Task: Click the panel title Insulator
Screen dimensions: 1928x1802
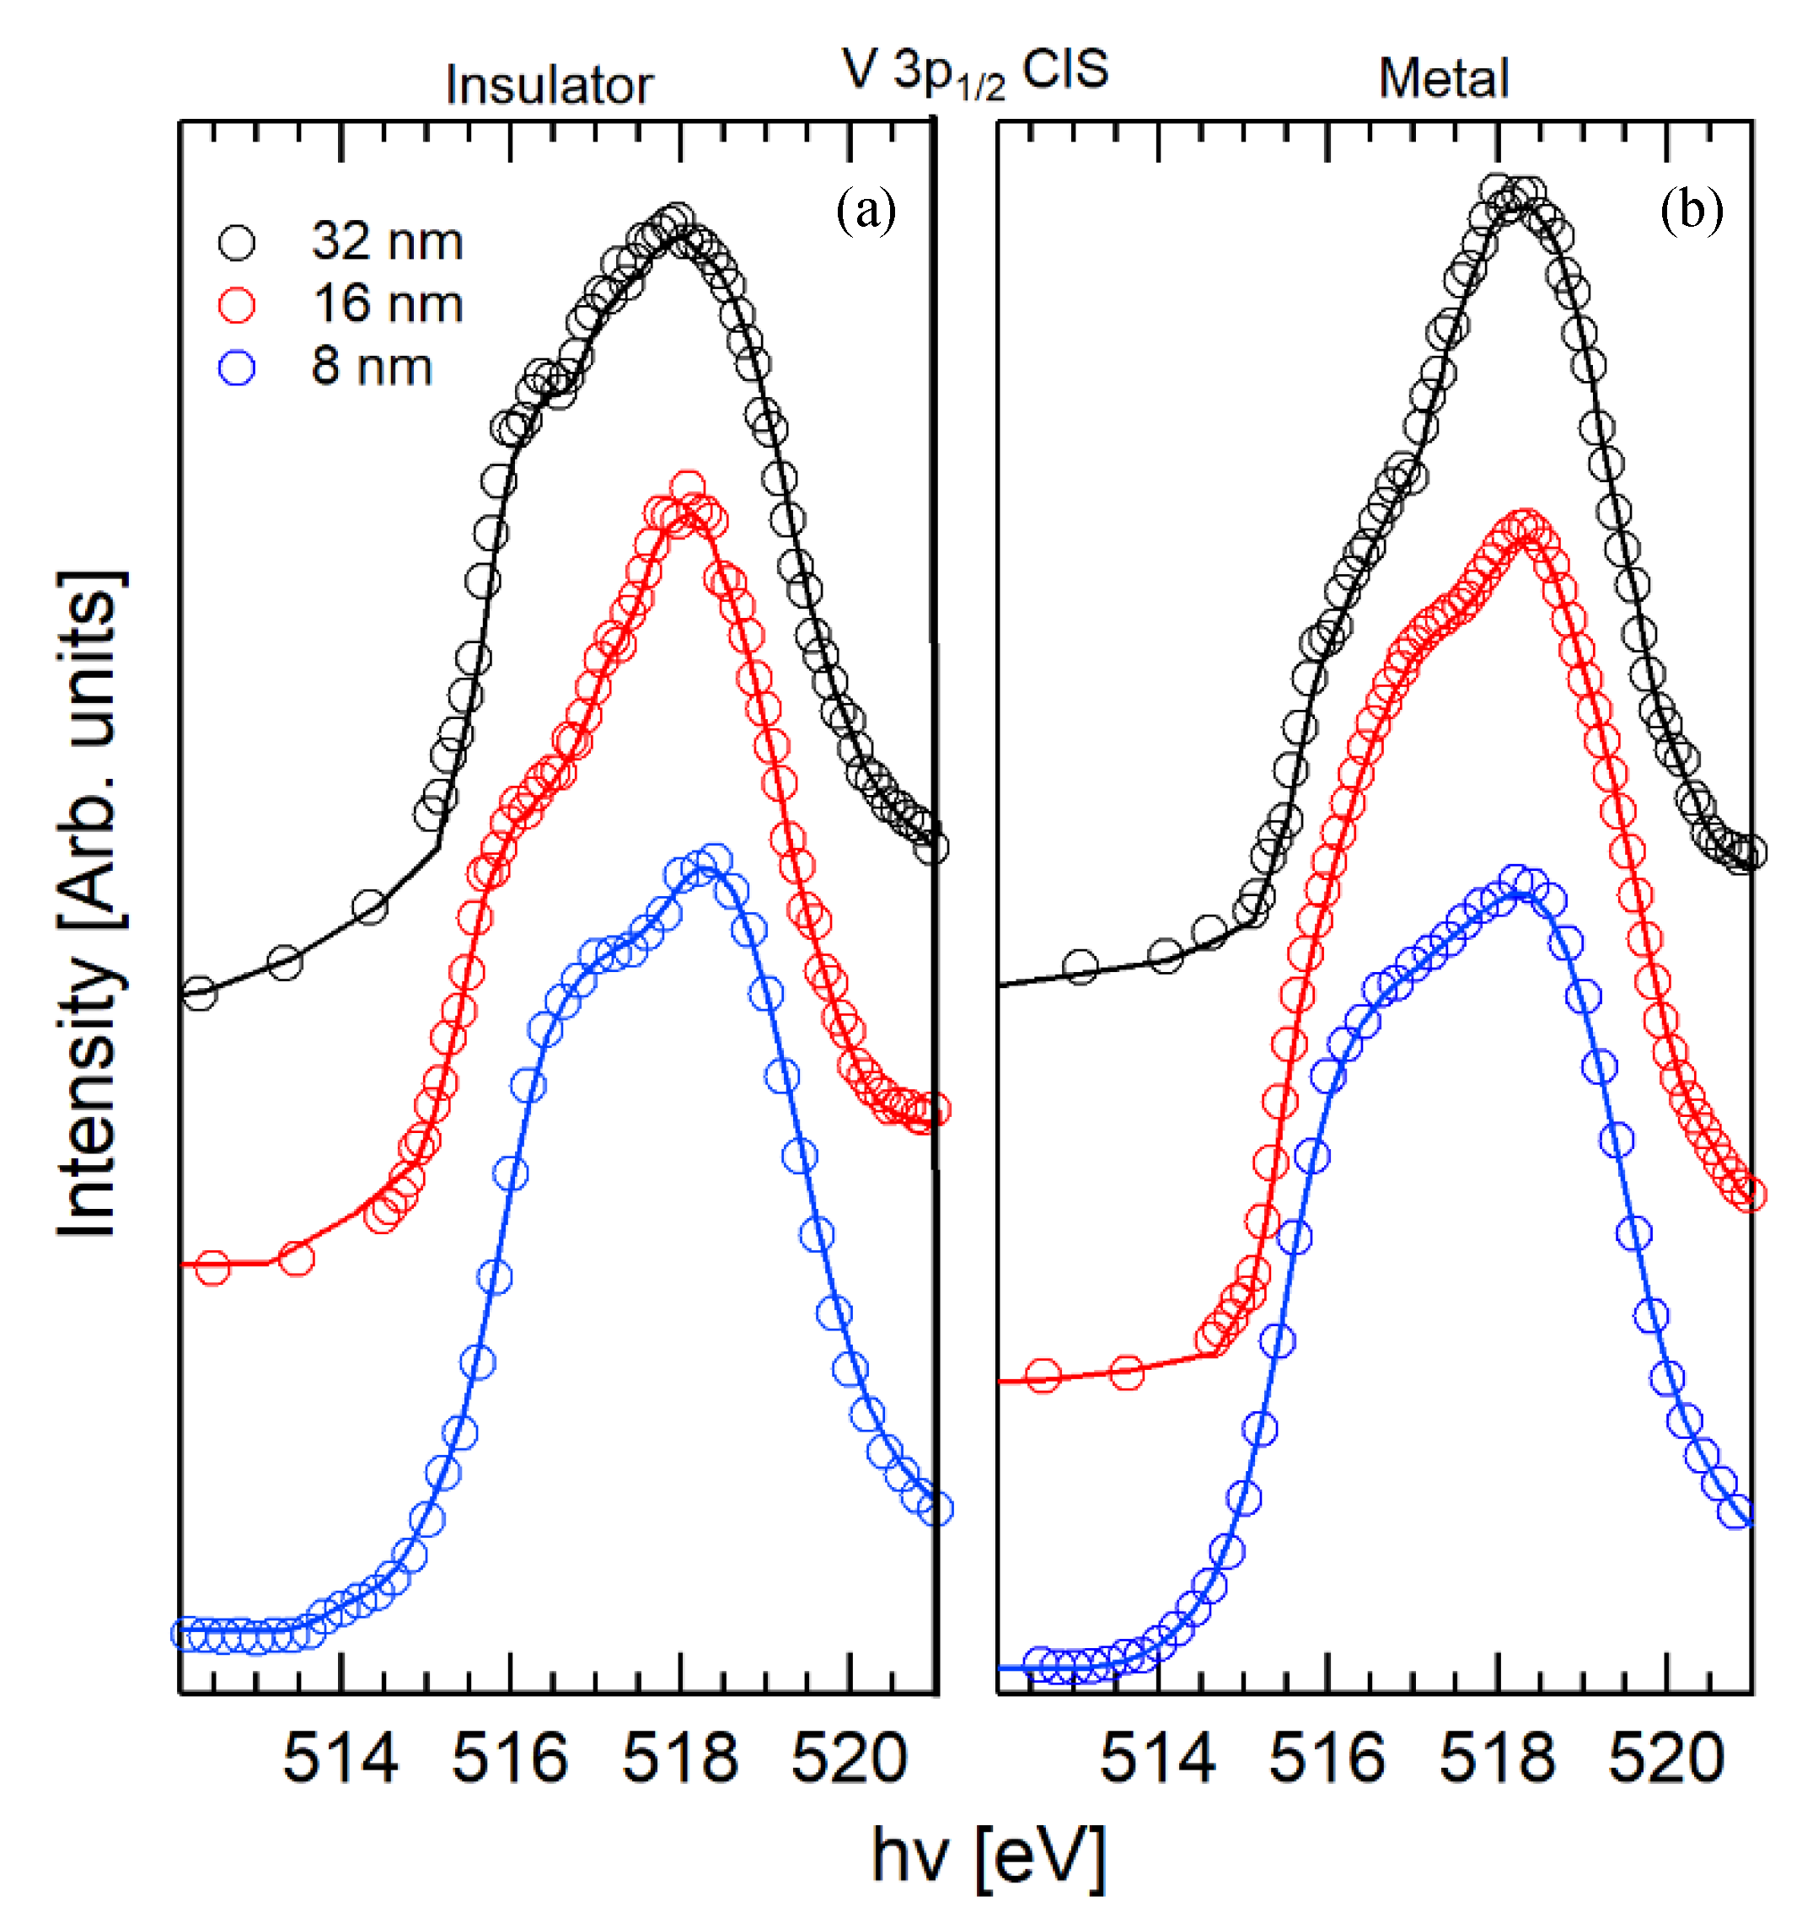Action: [x=549, y=85]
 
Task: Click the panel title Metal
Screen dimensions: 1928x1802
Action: [x=1443, y=78]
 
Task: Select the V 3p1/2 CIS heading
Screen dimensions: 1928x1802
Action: [x=974, y=71]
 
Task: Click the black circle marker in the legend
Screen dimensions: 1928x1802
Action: [x=237, y=243]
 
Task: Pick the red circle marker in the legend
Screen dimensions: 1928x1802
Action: [x=237, y=304]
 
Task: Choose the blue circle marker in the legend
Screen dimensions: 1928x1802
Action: [x=237, y=368]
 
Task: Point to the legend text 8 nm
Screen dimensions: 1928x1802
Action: [x=372, y=367]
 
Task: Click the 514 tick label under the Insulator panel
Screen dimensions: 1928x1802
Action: [x=340, y=1758]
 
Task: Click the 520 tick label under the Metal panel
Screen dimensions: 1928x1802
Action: [x=1665, y=1758]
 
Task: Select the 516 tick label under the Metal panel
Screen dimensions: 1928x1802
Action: [x=1326, y=1758]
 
